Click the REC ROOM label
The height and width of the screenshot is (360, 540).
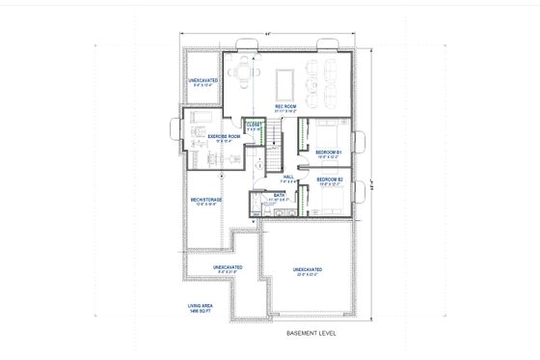[284, 106]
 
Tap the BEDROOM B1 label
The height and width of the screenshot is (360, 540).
[329, 152]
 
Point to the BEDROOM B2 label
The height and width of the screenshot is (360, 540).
[329, 180]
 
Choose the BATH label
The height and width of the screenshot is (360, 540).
[278, 196]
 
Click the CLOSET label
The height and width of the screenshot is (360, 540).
[254, 123]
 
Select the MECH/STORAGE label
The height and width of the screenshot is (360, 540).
[206, 200]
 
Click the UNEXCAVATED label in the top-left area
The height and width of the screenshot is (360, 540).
[202, 81]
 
